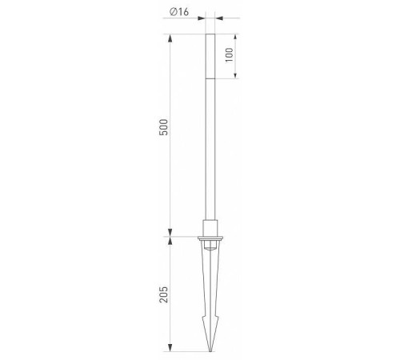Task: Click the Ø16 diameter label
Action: tap(179, 12)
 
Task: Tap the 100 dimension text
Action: tap(230, 55)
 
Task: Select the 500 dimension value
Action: tap(164, 127)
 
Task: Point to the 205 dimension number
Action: tap(164, 294)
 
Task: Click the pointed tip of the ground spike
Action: tap(210, 351)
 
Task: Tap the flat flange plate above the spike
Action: tap(210, 238)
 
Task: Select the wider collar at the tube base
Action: tap(210, 228)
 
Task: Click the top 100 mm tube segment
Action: tap(210, 56)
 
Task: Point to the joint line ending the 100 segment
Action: tap(210, 78)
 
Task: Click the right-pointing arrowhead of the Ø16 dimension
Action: tap(201, 18)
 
